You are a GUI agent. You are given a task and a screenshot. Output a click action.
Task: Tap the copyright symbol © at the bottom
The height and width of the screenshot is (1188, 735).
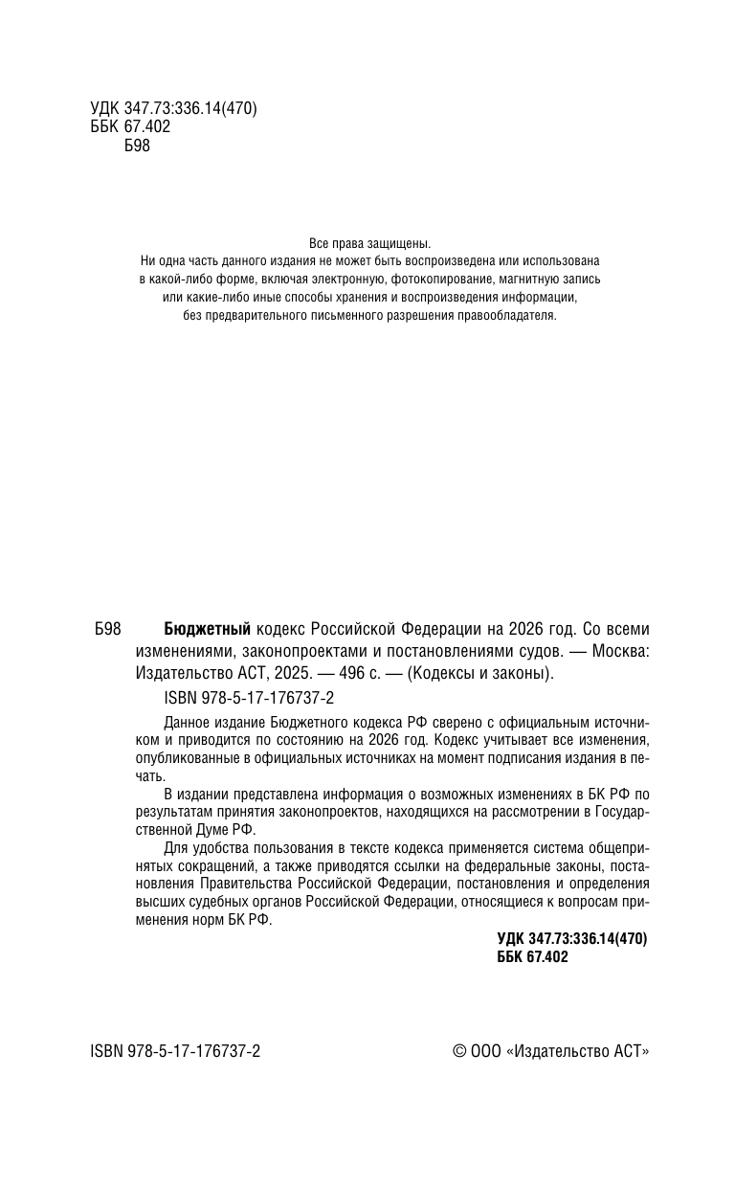click(x=459, y=1050)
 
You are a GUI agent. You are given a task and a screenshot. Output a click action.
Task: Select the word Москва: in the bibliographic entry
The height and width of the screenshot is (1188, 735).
click(x=620, y=651)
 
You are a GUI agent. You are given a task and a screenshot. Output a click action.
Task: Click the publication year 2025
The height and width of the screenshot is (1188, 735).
click(x=290, y=673)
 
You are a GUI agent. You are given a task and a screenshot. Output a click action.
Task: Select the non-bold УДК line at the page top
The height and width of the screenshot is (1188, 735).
click(x=167, y=109)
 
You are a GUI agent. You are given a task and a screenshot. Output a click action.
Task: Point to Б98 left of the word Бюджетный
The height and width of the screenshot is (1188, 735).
click(x=107, y=629)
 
